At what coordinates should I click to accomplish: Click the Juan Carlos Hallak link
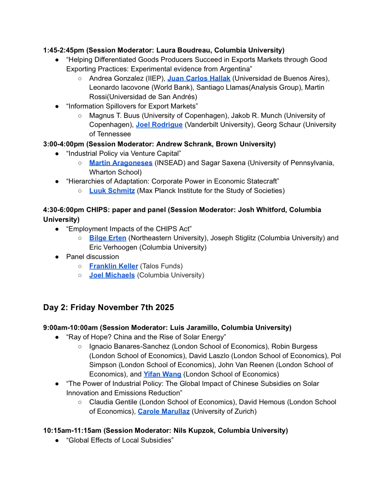coord(199,78)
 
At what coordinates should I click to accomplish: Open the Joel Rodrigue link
coord(159,124)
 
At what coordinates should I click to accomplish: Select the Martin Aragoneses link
coord(121,163)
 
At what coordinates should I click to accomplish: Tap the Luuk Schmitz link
coord(112,190)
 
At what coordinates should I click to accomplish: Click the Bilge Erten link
coord(107,238)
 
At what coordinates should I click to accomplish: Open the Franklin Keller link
coord(113,266)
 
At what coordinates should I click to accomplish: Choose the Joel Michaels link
coord(112,275)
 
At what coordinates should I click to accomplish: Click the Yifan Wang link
coord(162,374)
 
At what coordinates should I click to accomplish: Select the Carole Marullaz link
coord(163,411)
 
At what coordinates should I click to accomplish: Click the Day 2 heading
coord(108,307)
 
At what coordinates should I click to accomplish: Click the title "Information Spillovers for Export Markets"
coord(132,106)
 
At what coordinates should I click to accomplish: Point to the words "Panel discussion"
coord(93,257)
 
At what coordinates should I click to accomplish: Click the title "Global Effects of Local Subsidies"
coord(120,440)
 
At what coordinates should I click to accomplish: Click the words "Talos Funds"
coord(161,266)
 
